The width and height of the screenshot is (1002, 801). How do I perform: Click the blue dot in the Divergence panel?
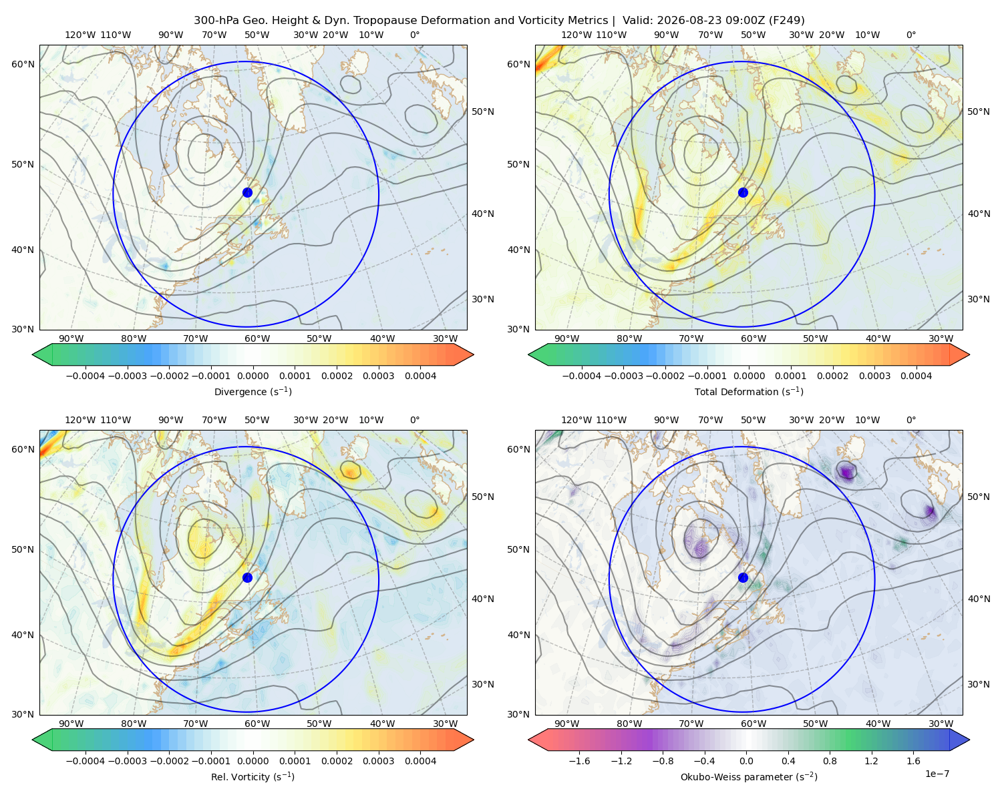247,192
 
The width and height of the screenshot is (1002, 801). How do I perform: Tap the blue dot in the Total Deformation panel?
743,192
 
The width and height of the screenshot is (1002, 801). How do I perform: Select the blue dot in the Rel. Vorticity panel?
247,577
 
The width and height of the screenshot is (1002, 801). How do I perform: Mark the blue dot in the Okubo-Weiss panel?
743,577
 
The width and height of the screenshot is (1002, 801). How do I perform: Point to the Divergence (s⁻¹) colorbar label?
253,392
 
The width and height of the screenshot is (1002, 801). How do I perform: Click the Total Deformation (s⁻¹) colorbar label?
749,392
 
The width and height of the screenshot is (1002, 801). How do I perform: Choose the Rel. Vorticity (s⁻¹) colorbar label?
253,777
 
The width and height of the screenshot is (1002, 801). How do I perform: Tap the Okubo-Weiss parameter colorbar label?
749,777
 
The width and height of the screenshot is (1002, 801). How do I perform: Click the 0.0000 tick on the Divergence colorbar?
253,376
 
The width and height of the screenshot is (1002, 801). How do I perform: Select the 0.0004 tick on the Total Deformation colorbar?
916,376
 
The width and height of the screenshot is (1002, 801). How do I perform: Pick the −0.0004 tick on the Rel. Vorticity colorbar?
86,761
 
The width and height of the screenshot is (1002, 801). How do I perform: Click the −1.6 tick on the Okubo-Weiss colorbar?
580,761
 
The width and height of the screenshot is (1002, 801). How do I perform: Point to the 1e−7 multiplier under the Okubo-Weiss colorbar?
937,774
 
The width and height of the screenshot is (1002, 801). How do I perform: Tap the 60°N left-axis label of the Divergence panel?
23,64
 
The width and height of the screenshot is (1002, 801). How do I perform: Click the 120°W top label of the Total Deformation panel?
576,35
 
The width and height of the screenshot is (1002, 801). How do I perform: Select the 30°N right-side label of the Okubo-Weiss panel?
978,684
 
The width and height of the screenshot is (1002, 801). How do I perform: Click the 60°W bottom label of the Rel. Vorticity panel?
257,724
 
